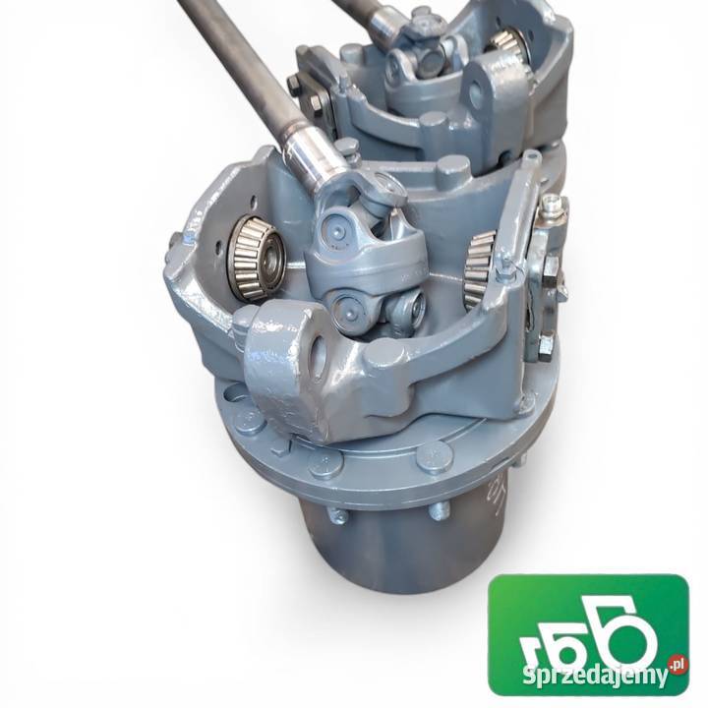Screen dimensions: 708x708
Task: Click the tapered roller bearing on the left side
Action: coord(255,258)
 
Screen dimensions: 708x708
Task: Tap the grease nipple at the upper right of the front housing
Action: coord(552,205)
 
